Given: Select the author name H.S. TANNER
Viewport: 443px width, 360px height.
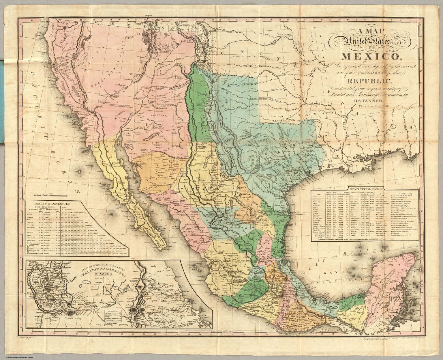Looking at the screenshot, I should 370,100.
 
